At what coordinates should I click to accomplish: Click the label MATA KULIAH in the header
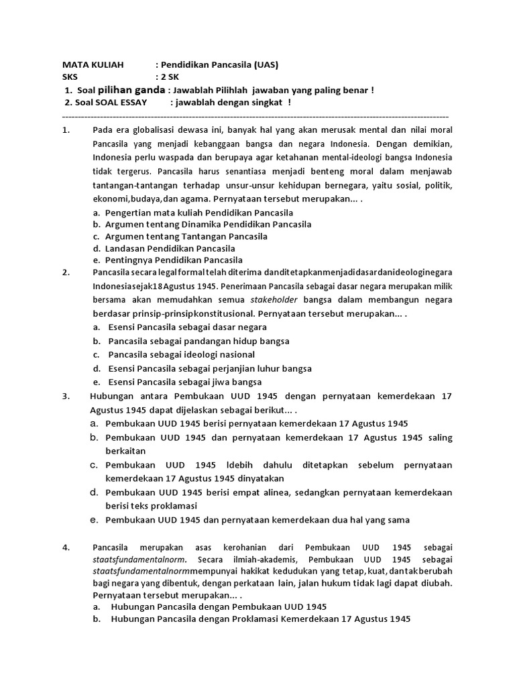click(93, 65)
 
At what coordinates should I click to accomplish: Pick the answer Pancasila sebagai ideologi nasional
click(181, 354)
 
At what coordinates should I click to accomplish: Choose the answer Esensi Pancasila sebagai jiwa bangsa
click(184, 382)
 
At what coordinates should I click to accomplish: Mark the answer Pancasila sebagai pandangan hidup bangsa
click(198, 341)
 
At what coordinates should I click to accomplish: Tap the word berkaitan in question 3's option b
click(125, 451)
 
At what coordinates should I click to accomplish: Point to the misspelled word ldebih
click(239, 465)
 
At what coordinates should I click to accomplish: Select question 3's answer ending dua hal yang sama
click(257, 520)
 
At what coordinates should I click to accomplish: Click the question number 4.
click(66, 547)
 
